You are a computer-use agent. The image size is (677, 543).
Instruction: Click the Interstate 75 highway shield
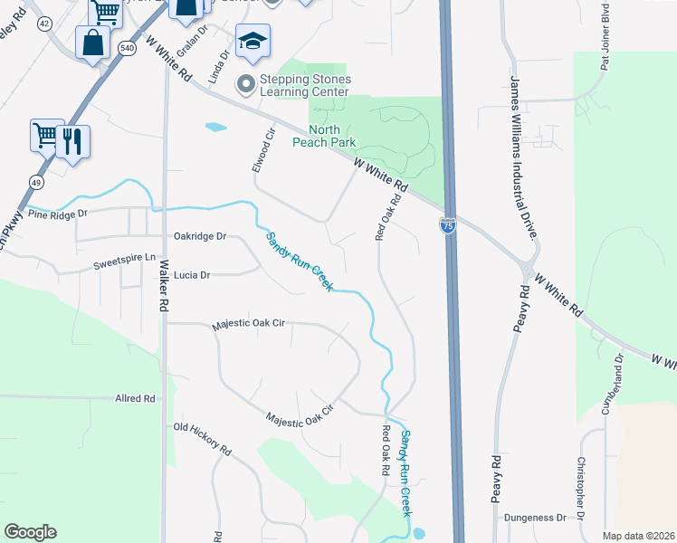point(448,225)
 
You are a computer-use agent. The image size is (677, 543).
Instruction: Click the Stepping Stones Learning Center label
point(304,85)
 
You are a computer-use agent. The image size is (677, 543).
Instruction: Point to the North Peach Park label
point(324,136)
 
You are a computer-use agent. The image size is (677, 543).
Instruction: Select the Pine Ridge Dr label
point(56,214)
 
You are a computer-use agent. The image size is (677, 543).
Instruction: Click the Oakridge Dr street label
point(200,236)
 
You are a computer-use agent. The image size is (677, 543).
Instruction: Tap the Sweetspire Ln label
point(125,266)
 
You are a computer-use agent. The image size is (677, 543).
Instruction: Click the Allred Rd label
point(136,398)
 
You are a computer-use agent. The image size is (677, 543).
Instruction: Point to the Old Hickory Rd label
point(203,438)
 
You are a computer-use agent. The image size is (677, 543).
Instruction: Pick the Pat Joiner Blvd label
point(605,36)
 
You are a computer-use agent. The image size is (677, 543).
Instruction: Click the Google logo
point(30,532)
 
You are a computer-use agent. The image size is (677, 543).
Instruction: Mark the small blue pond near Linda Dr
point(215,128)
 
